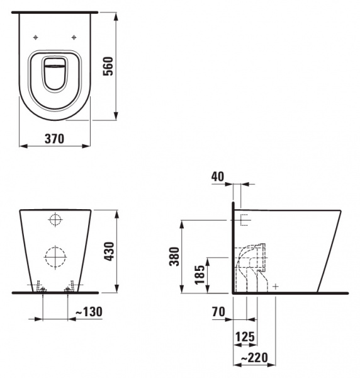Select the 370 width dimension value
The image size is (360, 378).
tap(53, 139)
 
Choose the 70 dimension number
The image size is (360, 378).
tap(218, 311)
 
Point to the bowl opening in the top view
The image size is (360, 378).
tap(55, 76)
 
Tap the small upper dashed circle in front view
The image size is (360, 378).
tap(55, 221)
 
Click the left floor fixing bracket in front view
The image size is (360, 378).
tap(40, 287)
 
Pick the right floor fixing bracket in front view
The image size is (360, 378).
tap(69, 287)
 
